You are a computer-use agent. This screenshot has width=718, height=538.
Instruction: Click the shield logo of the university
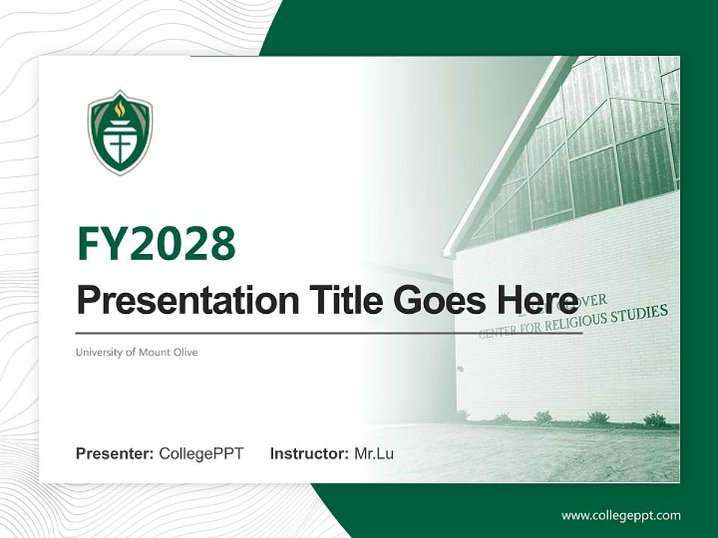[x=120, y=133]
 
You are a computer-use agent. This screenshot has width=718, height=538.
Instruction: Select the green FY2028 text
[x=156, y=243]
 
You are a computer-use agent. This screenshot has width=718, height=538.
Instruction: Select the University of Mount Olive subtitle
[x=136, y=352]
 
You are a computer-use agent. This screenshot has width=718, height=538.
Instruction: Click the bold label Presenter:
[x=115, y=454]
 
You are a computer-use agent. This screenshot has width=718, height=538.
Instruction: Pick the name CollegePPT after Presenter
[x=201, y=454]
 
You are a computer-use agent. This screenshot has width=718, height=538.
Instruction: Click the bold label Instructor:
[x=309, y=454]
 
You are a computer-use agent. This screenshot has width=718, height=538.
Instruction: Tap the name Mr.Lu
[x=374, y=454]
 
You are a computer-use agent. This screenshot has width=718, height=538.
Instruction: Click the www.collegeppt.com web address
[x=621, y=515]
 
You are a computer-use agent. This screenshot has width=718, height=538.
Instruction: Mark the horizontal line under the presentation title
[x=329, y=333]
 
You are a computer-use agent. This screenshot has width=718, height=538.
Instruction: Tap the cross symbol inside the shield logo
[x=120, y=142]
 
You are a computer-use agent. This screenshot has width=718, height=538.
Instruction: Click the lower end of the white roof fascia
[x=449, y=253]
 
